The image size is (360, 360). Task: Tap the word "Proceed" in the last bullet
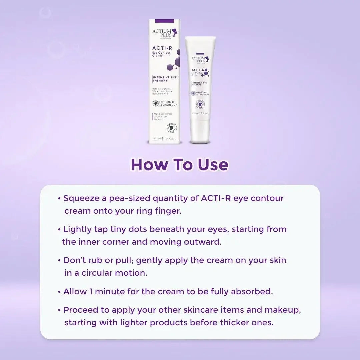(82, 310)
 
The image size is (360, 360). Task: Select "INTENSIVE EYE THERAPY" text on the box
(165, 79)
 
